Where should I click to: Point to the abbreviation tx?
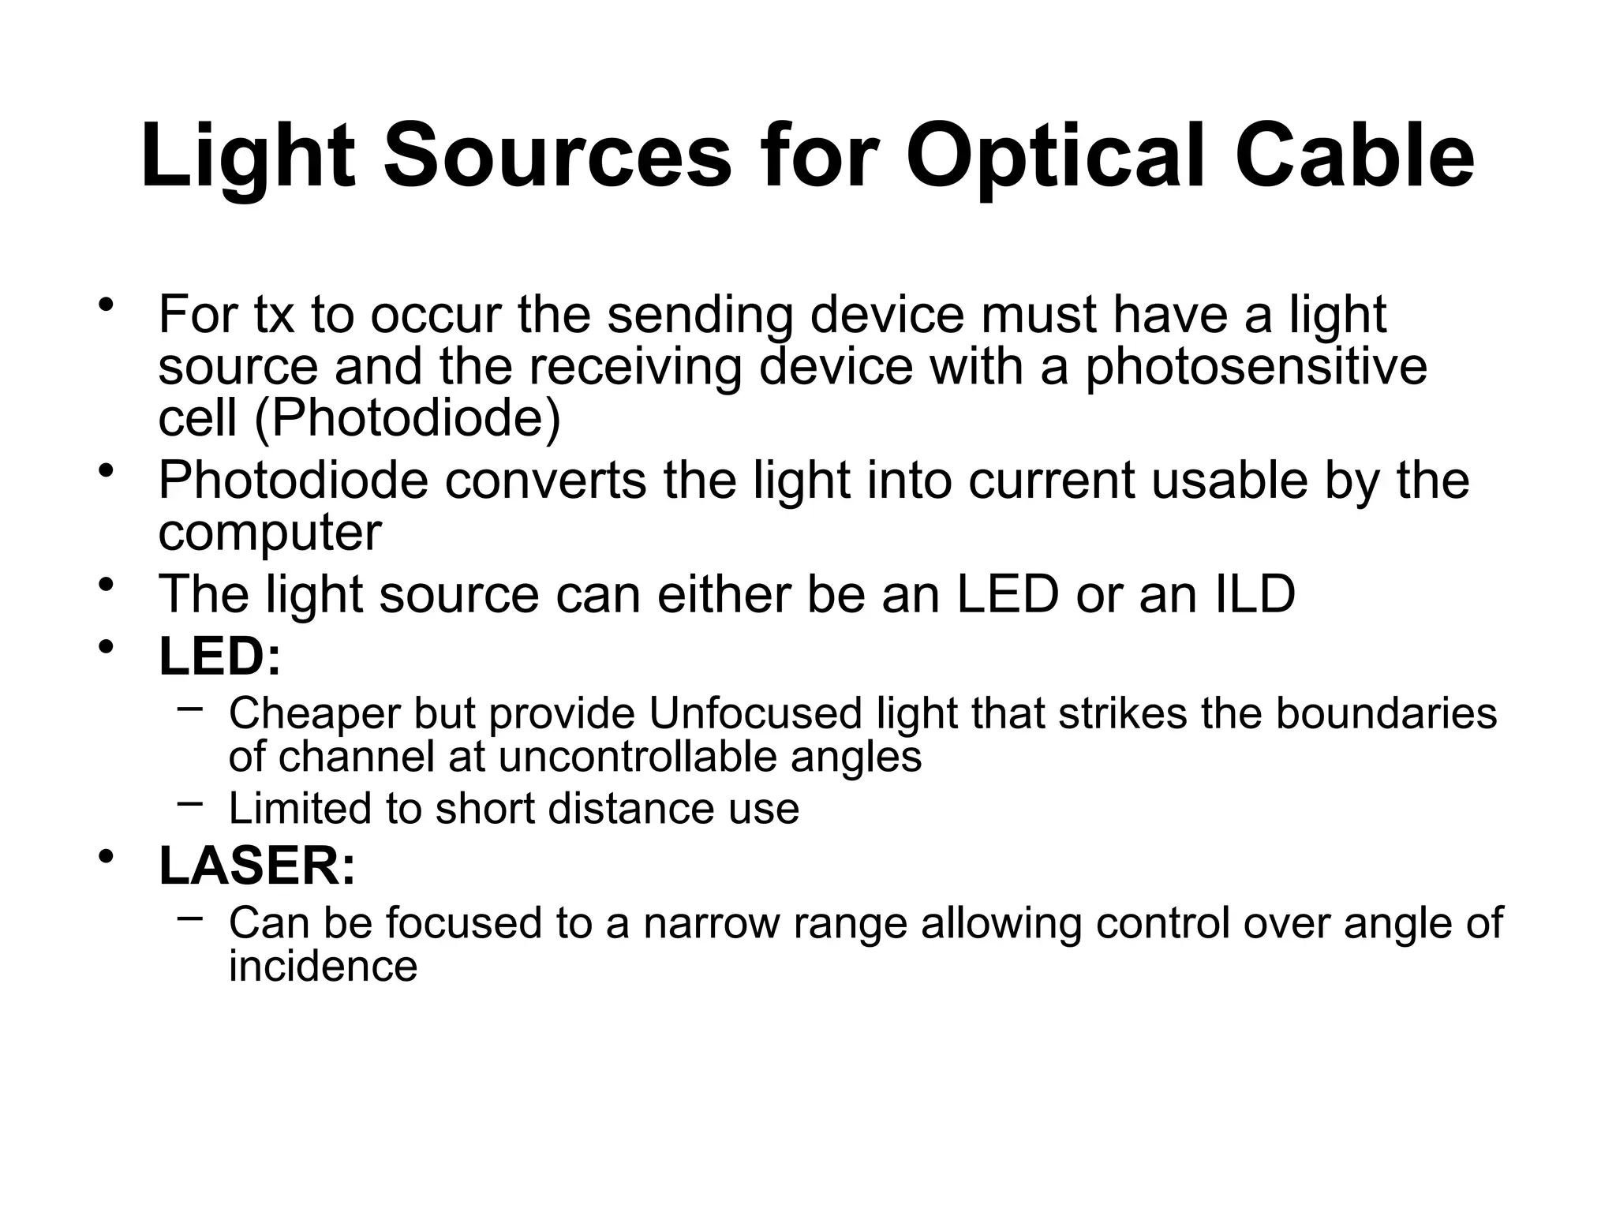point(273,315)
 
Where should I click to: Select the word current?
point(1052,481)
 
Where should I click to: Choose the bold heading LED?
point(220,656)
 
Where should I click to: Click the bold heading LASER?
point(257,866)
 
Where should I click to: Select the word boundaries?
point(1386,713)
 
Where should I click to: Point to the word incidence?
point(323,966)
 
